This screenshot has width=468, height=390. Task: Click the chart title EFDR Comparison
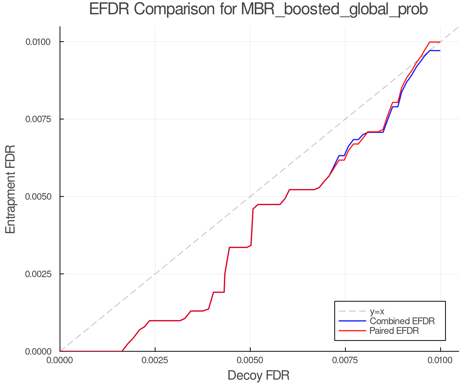(258, 9)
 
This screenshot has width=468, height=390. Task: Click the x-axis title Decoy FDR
(258, 375)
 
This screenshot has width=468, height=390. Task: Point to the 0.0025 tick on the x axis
(155, 360)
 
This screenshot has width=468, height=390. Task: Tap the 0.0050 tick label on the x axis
(250, 360)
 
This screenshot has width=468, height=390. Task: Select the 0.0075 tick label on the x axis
(345, 360)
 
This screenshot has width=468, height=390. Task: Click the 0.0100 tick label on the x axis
(440, 360)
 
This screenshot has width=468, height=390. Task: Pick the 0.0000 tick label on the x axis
(60, 360)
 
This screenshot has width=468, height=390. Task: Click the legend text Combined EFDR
(402, 321)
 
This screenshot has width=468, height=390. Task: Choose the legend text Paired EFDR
(394, 331)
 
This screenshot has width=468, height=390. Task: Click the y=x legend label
(377, 311)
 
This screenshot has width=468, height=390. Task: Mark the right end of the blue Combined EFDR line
(440, 51)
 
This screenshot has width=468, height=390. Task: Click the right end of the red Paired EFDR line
(440, 42)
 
